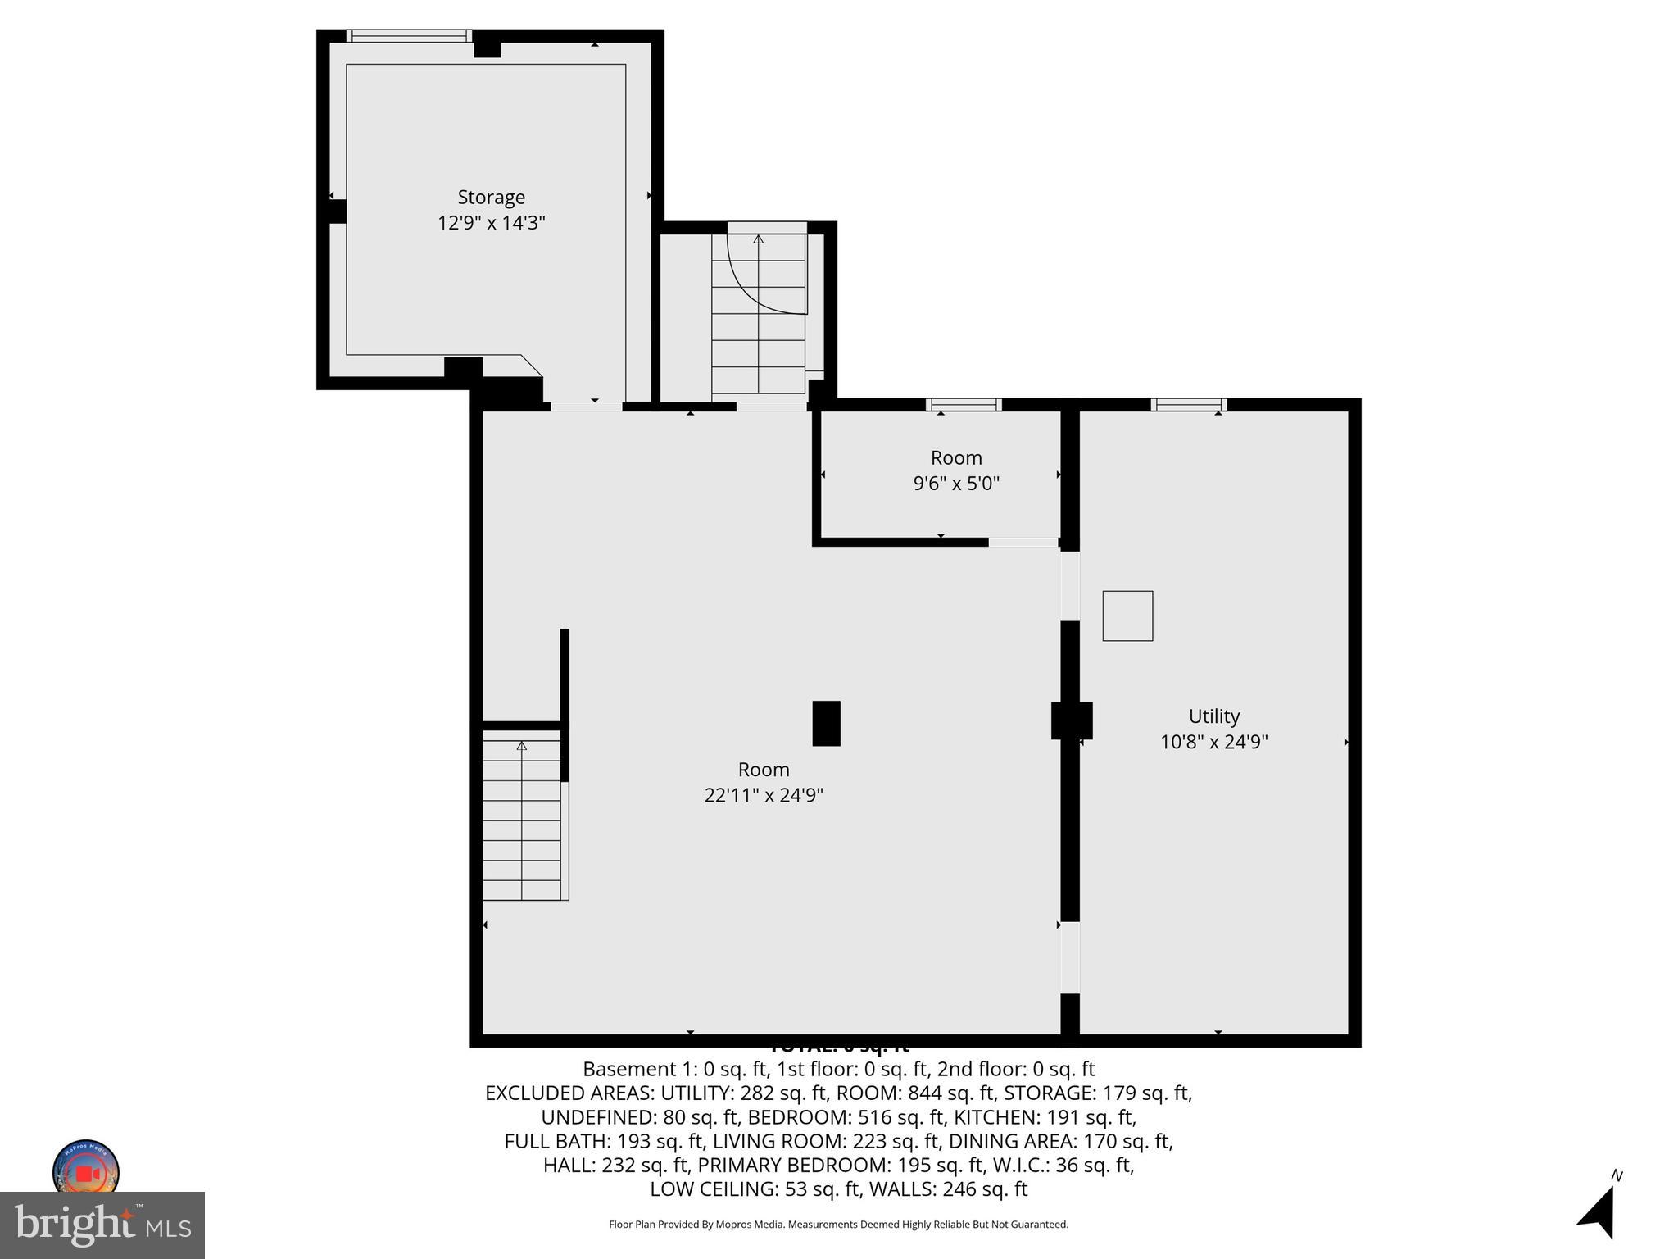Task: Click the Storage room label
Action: (x=491, y=198)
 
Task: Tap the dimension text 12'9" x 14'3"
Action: (x=491, y=223)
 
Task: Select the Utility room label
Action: (x=1213, y=716)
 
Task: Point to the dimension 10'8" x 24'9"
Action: (x=1213, y=742)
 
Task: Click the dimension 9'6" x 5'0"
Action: (x=956, y=484)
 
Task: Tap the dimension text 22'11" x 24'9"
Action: (x=763, y=795)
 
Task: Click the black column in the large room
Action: (x=826, y=723)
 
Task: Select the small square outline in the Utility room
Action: (x=1127, y=616)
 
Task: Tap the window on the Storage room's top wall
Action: (x=408, y=36)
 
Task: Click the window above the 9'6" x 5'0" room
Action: (x=964, y=404)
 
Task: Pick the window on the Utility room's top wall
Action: (x=1188, y=404)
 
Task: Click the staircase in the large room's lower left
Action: (x=522, y=820)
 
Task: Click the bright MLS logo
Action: (x=102, y=1225)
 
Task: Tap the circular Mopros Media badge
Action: (x=86, y=1170)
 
